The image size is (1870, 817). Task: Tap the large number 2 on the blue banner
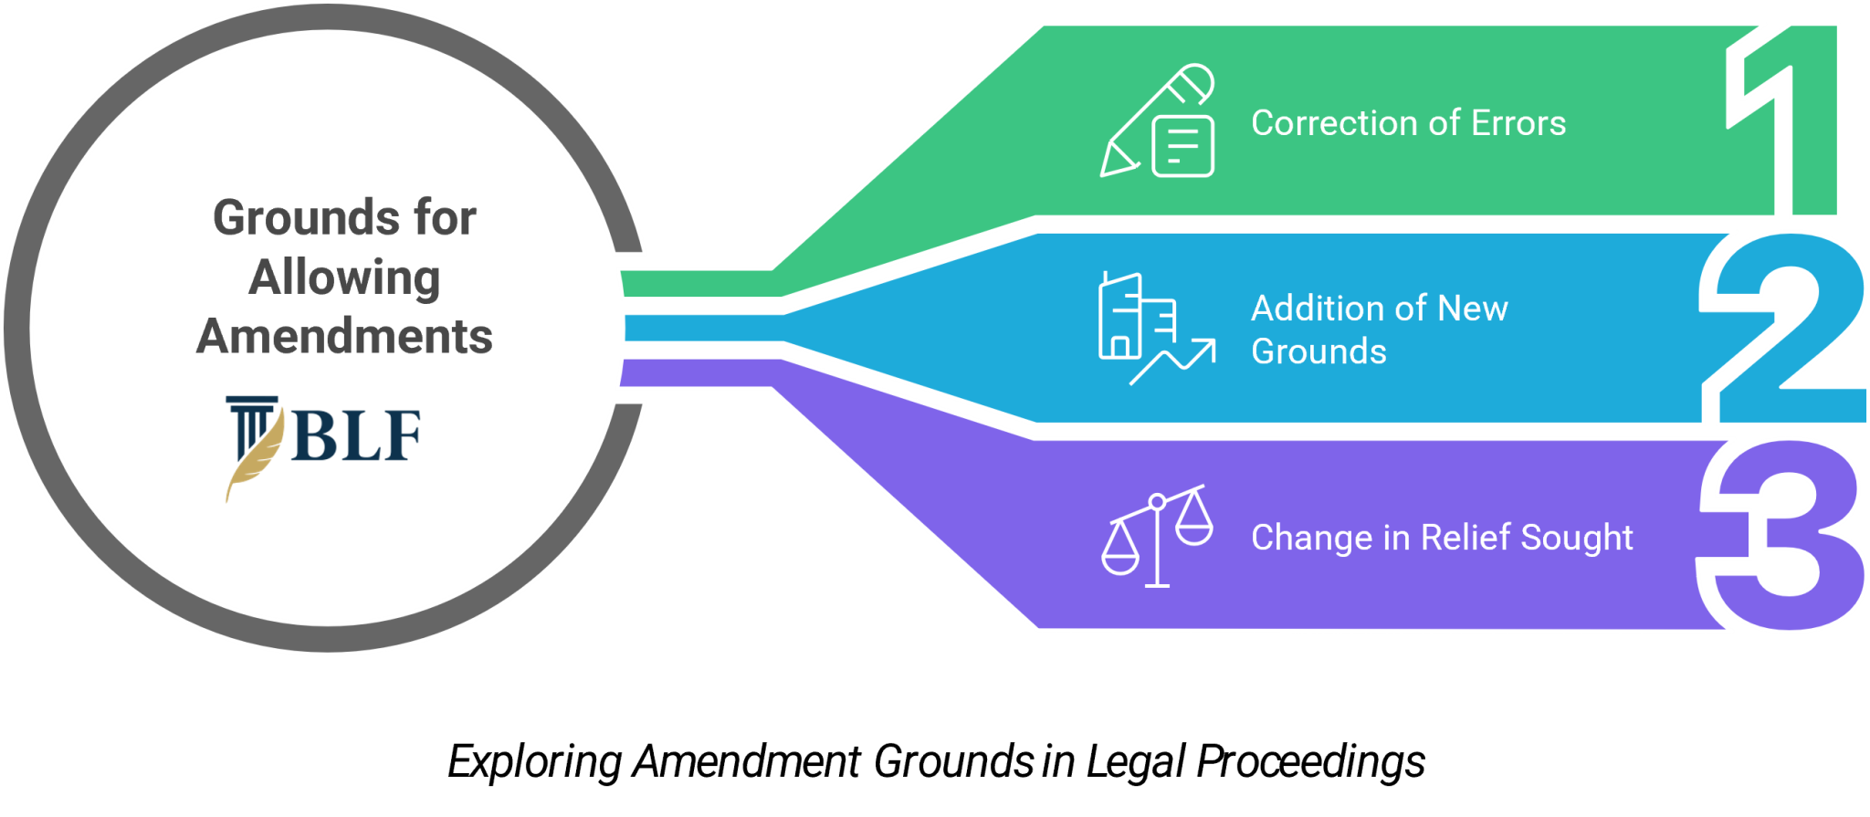(x=1783, y=329)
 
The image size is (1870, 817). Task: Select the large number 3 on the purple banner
(x=1781, y=536)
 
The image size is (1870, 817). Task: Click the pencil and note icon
(x=1158, y=120)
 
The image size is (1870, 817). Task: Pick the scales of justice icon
(x=1157, y=536)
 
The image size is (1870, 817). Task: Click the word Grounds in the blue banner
(x=1318, y=351)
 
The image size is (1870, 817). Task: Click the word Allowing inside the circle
(x=345, y=278)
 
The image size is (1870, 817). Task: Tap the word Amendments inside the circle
(x=345, y=336)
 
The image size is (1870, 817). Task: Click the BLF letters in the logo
(x=357, y=435)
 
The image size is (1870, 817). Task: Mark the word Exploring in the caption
(x=535, y=762)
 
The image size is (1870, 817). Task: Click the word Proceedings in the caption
(x=1311, y=762)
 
